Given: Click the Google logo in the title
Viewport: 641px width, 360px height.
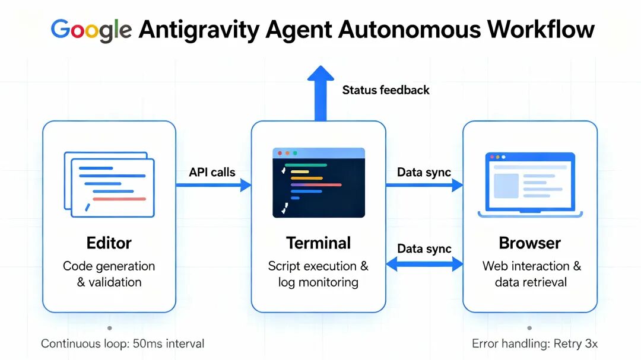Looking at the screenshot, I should [x=91, y=29].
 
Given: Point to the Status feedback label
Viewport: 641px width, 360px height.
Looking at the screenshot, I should [x=386, y=90].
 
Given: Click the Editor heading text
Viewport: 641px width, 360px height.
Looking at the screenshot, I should [x=109, y=243].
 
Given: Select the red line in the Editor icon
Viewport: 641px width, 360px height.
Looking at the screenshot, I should [x=119, y=199].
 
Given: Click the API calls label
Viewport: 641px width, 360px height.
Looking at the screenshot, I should [x=212, y=173].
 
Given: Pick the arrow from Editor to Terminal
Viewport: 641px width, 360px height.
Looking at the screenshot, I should [x=214, y=186].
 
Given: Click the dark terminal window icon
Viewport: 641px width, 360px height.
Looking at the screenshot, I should [x=319, y=182].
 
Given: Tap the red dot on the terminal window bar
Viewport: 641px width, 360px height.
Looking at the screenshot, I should [x=280, y=153].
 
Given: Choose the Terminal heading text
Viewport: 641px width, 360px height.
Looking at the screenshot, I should [x=318, y=243].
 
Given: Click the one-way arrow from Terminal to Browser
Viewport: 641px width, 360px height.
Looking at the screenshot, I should [x=424, y=186].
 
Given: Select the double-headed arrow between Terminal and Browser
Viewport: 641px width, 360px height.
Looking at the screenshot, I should [x=424, y=264].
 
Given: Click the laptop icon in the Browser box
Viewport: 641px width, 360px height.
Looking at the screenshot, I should [x=530, y=184].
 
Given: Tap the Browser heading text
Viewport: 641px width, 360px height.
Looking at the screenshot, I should [x=529, y=243].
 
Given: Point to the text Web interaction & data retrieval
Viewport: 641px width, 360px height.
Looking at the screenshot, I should [x=531, y=274].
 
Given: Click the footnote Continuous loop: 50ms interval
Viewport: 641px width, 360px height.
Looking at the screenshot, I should [x=122, y=343].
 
